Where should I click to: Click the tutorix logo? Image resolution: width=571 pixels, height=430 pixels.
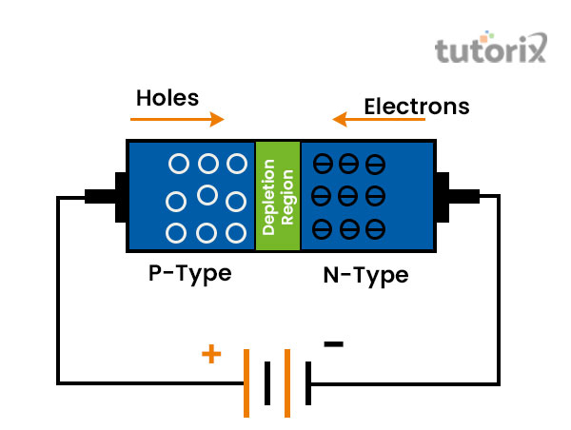491,49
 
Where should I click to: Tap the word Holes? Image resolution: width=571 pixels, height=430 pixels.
167,97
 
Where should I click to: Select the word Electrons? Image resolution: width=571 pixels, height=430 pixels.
417,107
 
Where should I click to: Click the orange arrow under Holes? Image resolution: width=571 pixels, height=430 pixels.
177,119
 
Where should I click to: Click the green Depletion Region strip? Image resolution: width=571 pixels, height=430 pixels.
277,197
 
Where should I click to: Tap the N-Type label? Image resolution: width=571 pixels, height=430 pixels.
365,276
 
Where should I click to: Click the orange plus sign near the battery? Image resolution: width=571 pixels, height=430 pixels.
211,355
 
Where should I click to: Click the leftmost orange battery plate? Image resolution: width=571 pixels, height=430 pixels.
247,383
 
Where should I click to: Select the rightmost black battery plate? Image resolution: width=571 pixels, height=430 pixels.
309,383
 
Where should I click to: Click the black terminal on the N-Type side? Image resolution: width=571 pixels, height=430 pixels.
456,196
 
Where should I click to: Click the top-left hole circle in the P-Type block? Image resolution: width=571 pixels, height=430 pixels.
178,164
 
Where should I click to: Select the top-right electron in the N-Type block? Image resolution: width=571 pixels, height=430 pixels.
376,164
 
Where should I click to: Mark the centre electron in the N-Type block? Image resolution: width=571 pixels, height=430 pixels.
349,197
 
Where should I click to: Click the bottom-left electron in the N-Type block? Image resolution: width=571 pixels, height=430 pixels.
323,230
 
